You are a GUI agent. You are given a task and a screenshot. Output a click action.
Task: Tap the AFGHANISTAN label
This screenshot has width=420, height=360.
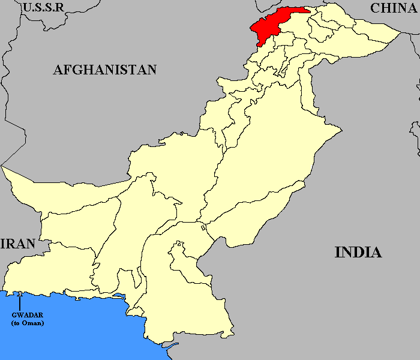click(105, 70)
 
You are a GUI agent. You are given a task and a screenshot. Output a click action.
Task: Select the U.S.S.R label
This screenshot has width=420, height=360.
click(43, 8)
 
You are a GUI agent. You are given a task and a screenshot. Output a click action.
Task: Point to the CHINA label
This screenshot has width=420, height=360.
click(393, 8)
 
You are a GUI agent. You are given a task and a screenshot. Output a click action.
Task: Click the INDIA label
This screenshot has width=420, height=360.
click(358, 252)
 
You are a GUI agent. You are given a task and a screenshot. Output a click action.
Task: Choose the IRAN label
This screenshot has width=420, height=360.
click(18, 244)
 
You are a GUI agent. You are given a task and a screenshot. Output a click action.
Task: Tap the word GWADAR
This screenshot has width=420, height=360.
click(28, 315)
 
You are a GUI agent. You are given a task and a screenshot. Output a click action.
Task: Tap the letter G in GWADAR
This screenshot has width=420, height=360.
click(14, 315)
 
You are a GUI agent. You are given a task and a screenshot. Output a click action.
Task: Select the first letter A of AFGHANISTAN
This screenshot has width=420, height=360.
click(58, 70)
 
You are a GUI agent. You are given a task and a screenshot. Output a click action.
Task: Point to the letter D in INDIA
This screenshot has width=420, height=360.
click(355, 252)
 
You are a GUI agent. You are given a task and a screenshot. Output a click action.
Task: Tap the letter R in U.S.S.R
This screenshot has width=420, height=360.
click(60, 8)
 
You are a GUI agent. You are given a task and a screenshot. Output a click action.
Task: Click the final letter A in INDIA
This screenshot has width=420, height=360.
click(376, 252)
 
